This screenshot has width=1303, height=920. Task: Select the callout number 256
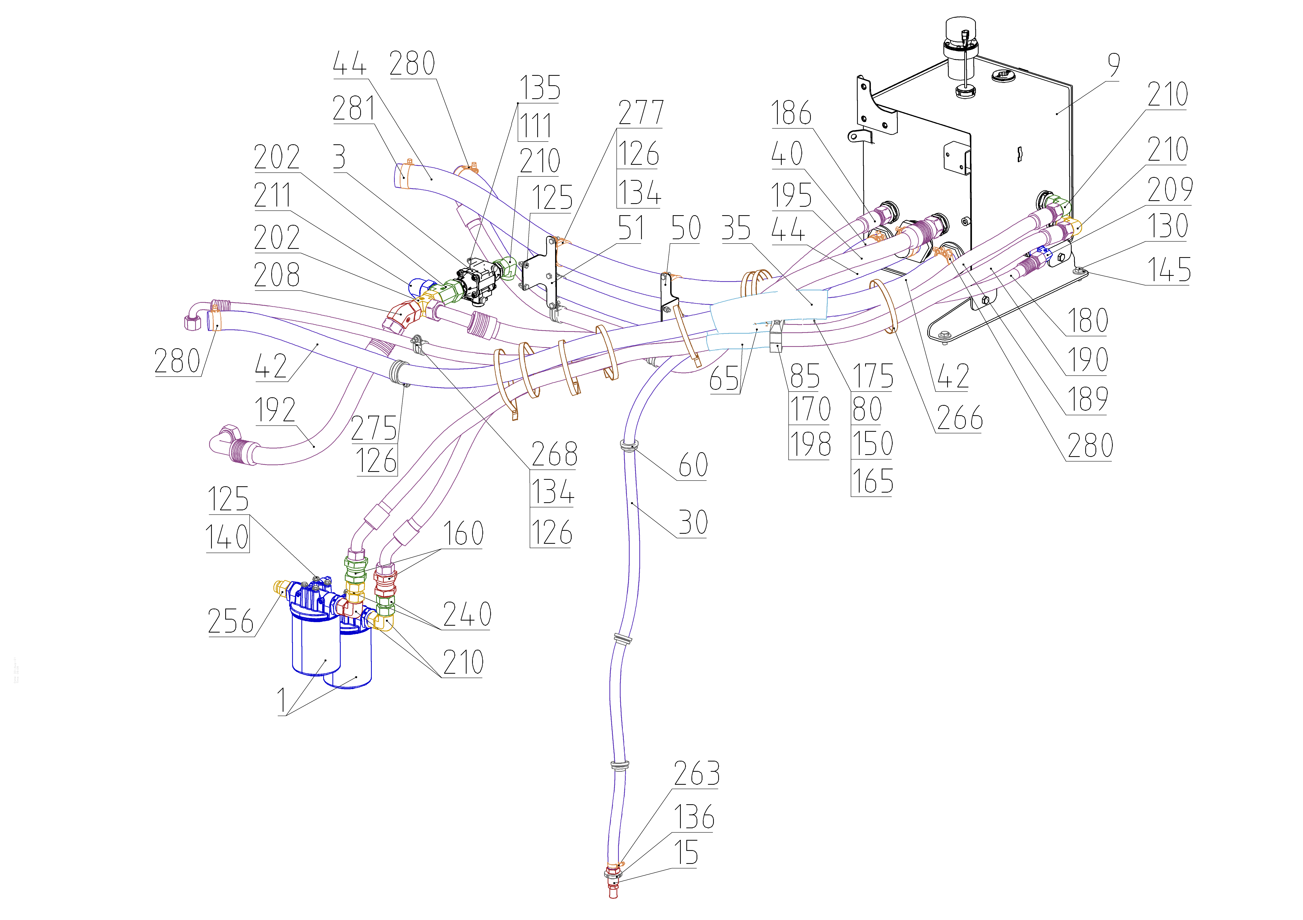[230, 621]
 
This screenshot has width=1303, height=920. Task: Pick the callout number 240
[466, 614]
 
